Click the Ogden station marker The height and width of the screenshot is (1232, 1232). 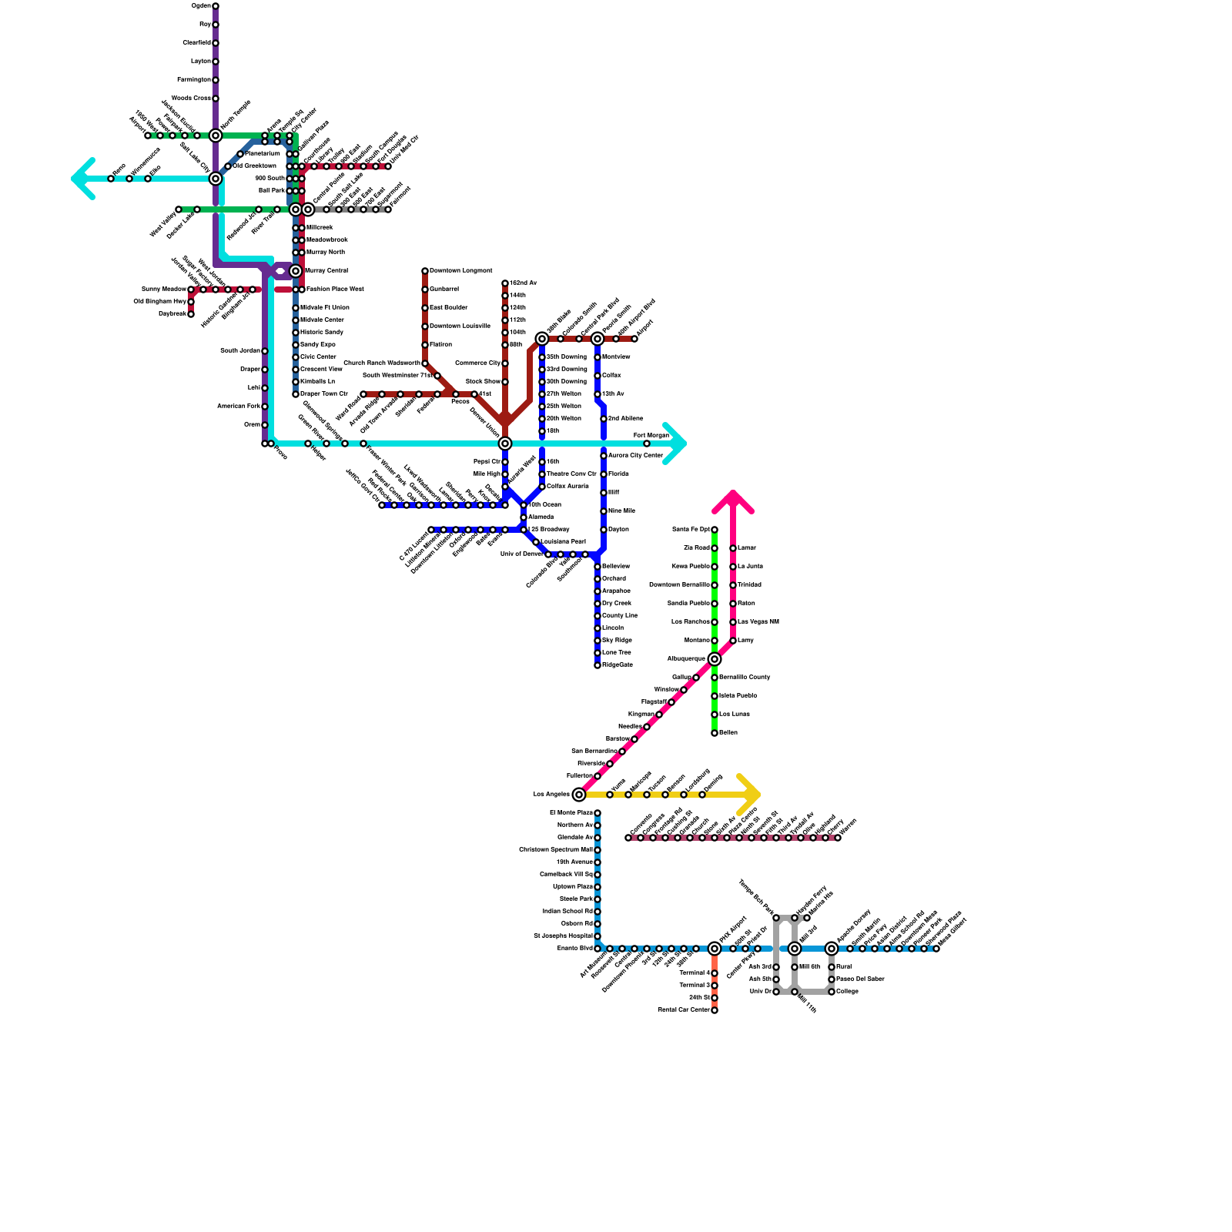(x=216, y=6)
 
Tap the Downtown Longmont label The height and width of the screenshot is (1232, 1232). (x=460, y=271)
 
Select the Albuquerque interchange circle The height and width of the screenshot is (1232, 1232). (x=715, y=659)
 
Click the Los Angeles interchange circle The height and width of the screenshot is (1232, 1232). (x=579, y=795)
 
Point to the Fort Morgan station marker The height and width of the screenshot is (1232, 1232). (x=647, y=444)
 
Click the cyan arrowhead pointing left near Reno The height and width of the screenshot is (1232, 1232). (x=82, y=179)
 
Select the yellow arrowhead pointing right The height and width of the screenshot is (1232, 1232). (x=751, y=795)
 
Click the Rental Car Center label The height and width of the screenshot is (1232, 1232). (x=684, y=1010)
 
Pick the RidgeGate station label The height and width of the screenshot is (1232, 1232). (x=618, y=665)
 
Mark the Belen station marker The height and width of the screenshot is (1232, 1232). (x=715, y=733)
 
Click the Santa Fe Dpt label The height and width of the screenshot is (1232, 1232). (x=691, y=530)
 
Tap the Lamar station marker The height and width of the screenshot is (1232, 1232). (x=733, y=548)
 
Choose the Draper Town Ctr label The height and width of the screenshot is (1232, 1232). (x=323, y=394)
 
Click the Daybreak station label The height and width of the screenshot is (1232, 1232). (x=172, y=314)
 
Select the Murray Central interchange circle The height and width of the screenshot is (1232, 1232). (x=296, y=271)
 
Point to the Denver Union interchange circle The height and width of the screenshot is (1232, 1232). (x=505, y=444)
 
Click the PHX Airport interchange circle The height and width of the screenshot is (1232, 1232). (x=715, y=949)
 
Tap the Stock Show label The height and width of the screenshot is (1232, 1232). (x=483, y=382)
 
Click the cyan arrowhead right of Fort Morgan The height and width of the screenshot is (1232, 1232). (x=675, y=444)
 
